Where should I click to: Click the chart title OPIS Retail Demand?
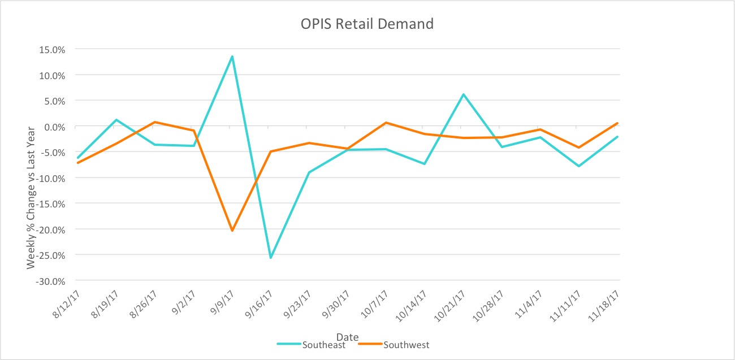(367, 24)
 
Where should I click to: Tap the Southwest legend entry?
(405, 345)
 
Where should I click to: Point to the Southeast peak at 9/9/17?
(232, 57)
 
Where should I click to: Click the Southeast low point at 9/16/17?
(270, 258)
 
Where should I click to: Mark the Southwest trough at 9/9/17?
(232, 231)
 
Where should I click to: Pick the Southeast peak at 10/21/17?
(464, 94)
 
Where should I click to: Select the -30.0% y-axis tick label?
(49, 281)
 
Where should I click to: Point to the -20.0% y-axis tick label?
(49, 229)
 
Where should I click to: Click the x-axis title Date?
(348, 337)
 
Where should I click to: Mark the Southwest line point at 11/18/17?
(617, 123)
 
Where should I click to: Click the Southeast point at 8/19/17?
(116, 120)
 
